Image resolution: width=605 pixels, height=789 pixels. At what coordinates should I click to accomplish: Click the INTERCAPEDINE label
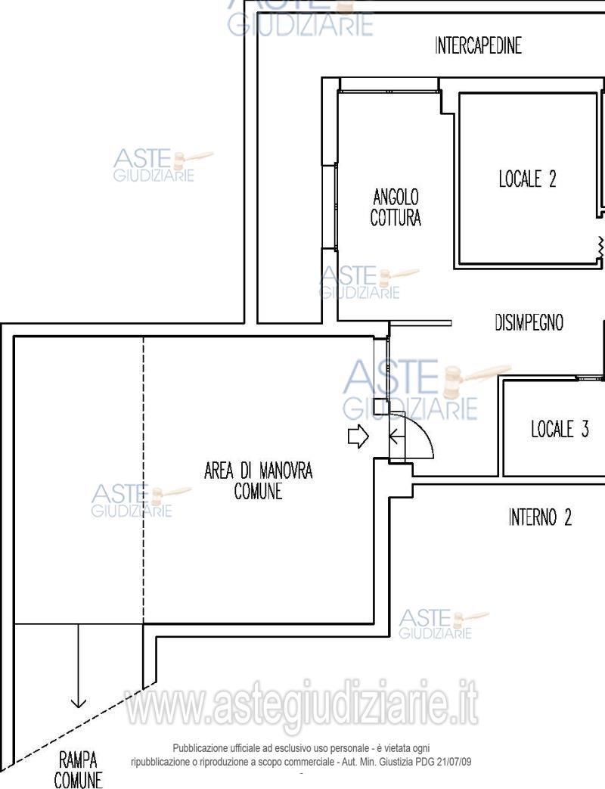[478, 45]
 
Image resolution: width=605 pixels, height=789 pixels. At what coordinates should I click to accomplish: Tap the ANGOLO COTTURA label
[396, 207]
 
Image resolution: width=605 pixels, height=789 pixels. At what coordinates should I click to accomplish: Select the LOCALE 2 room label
[528, 179]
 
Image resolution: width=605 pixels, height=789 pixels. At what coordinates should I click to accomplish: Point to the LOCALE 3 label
[560, 429]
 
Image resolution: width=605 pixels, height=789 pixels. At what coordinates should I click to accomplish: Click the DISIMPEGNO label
[529, 322]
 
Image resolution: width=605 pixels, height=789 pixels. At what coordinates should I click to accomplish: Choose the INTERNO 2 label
[540, 517]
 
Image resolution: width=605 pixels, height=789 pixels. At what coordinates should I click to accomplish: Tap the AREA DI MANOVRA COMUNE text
[258, 480]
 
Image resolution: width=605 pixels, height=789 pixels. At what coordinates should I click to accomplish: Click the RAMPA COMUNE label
[78, 769]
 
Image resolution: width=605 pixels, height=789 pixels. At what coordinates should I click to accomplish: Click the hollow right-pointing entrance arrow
[358, 436]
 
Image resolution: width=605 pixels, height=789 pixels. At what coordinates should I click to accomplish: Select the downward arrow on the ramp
[79, 665]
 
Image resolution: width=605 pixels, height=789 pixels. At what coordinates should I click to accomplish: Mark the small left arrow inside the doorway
[397, 436]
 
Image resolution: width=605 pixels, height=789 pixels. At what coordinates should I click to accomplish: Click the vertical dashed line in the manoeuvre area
[144, 480]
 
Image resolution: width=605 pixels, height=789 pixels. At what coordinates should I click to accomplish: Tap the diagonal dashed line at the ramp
[78, 724]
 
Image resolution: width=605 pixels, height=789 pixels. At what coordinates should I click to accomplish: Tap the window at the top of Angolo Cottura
[388, 91]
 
